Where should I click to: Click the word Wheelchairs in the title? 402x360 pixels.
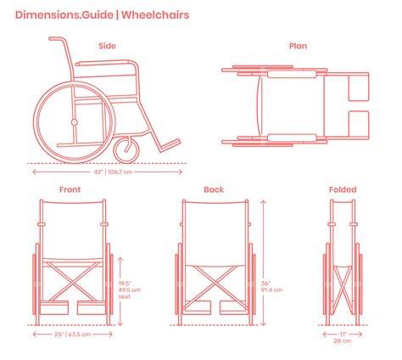point(155,14)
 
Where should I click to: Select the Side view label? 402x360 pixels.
point(107,46)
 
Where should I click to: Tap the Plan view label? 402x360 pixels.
point(298,46)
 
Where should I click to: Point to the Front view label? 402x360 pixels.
point(70,189)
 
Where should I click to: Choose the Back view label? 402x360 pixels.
point(214,189)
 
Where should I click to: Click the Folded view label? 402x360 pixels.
point(343,189)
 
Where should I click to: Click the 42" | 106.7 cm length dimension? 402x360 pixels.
point(113,172)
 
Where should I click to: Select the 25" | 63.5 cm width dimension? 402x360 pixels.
point(72,335)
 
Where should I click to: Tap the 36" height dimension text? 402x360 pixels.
point(265,284)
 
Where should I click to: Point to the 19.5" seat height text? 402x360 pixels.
point(125,284)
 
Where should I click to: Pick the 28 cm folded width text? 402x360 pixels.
point(343,341)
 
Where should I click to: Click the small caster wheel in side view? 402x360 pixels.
point(126,149)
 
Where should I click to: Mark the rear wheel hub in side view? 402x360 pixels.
point(75,122)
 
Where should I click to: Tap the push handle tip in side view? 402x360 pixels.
point(51,39)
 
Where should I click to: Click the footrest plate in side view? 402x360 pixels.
point(170,145)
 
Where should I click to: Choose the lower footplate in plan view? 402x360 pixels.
point(359,123)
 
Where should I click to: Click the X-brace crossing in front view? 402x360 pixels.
point(74,281)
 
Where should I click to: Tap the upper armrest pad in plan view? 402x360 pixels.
point(292,75)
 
